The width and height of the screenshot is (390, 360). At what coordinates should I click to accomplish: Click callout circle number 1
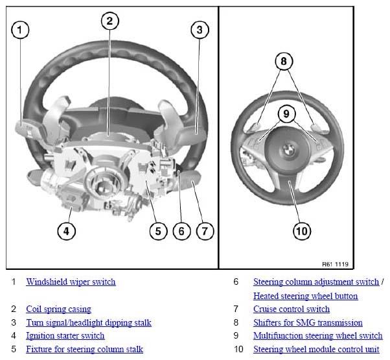pos(20,30)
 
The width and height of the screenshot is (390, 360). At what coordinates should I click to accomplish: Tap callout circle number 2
pos(110,21)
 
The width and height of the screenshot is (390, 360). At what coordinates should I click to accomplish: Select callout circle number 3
pos(200,30)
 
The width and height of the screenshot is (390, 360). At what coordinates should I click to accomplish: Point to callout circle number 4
pos(67,232)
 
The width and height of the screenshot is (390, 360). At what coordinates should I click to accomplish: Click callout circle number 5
pos(159,232)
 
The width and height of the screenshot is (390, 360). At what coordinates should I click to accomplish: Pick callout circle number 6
pos(181,232)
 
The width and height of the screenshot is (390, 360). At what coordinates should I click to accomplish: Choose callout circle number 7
pos(205,232)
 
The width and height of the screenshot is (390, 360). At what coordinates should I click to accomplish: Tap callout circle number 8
pos(284,61)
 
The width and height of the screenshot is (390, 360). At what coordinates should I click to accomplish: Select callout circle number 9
pos(286,114)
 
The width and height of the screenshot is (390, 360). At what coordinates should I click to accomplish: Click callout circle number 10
pos(302,232)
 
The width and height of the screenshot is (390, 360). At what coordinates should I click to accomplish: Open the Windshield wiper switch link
pos(71,282)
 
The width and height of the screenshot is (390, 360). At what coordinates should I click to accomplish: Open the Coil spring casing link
pos(59,309)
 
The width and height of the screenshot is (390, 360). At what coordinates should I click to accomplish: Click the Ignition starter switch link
pos(65,336)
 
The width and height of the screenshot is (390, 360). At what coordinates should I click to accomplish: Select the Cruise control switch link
pos(292,309)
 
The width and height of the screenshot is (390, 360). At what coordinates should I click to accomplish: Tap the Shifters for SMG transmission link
pos(308,322)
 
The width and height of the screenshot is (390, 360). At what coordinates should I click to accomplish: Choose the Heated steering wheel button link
pos(306,296)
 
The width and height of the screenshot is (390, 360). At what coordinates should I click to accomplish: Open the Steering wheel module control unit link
pos(316,349)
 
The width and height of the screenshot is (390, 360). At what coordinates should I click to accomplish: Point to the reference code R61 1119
pos(336,264)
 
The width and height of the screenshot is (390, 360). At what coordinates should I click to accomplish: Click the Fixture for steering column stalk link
pos(85,349)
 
